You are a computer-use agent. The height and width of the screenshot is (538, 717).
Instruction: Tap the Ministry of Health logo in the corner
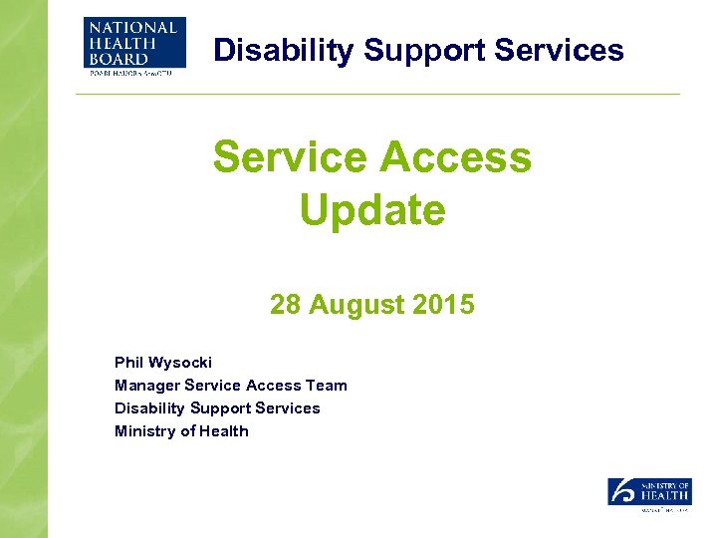(x=648, y=494)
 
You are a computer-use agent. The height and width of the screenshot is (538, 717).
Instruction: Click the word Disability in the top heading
(x=271, y=50)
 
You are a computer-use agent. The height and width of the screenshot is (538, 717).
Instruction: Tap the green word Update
(x=371, y=210)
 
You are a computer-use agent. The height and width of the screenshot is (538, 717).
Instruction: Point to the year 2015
(x=443, y=305)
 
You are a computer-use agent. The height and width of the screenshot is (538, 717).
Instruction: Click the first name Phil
(x=129, y=362)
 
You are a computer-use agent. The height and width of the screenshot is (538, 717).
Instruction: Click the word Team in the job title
(x=327, y=385)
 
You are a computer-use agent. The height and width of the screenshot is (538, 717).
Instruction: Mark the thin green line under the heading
(x=378, y=95)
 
